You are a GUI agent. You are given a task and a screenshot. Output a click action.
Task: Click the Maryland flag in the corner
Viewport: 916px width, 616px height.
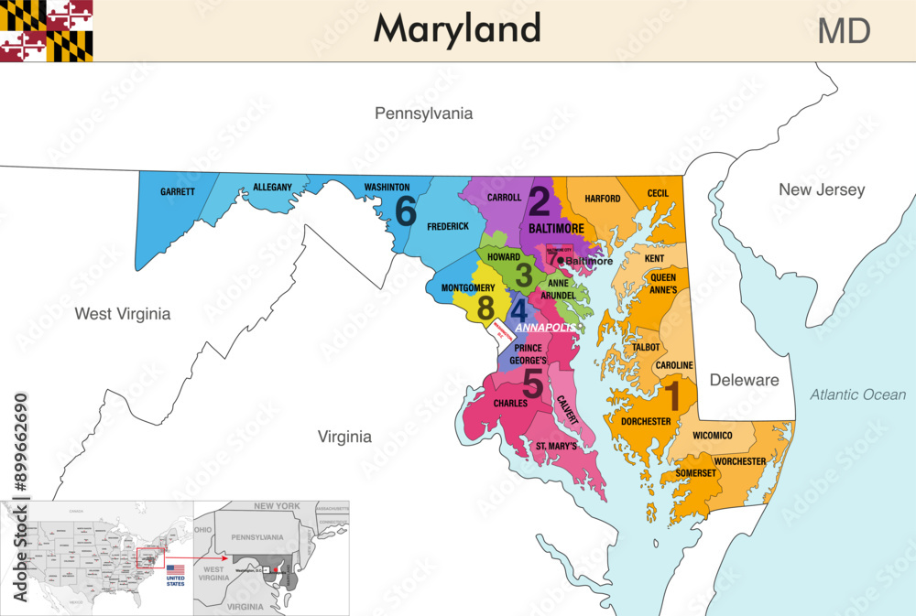47,31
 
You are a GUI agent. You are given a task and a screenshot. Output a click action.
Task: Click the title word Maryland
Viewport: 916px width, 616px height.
456,29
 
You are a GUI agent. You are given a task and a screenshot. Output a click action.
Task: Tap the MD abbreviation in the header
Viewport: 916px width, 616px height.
844,31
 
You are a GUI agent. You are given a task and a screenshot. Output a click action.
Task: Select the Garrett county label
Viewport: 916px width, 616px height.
178,192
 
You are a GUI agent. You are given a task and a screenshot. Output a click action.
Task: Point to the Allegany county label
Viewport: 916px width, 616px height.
272,188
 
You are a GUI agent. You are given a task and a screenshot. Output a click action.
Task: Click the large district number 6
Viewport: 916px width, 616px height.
406,211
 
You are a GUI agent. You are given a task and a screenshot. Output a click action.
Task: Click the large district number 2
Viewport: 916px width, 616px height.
540,201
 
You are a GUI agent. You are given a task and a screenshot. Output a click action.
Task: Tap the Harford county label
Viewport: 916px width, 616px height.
602,199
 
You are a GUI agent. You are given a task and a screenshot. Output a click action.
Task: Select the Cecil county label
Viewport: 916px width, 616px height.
658,193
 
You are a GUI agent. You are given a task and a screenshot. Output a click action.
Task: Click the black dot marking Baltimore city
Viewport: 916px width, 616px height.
561,261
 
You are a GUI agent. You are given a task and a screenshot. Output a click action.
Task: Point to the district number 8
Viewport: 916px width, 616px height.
485,308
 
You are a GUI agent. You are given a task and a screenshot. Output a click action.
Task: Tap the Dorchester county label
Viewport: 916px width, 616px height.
645,421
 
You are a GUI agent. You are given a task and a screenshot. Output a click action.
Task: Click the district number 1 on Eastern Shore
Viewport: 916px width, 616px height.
672,397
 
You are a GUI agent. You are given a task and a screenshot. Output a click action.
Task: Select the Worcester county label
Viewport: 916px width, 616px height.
740,461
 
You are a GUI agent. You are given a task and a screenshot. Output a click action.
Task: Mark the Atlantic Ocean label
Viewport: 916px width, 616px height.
857,394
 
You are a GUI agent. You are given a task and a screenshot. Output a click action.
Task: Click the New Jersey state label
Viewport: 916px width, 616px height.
821,189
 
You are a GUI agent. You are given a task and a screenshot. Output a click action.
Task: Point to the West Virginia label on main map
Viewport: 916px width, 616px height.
123,314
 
